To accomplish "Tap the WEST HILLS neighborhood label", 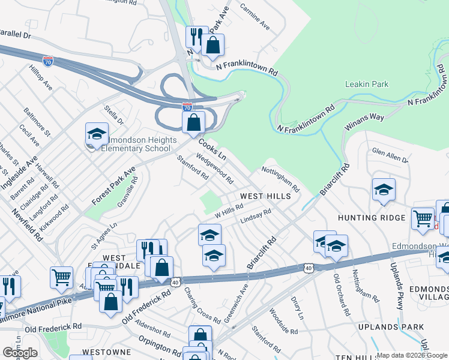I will (x=265, y=196).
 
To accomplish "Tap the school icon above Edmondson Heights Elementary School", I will (x=97, y=135).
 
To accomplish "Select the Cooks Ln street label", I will (x=214, y=147).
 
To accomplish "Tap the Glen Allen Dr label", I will (x=390, y=157).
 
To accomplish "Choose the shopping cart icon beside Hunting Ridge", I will (x=423, y=219).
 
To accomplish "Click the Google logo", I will (x=20, y=353).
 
